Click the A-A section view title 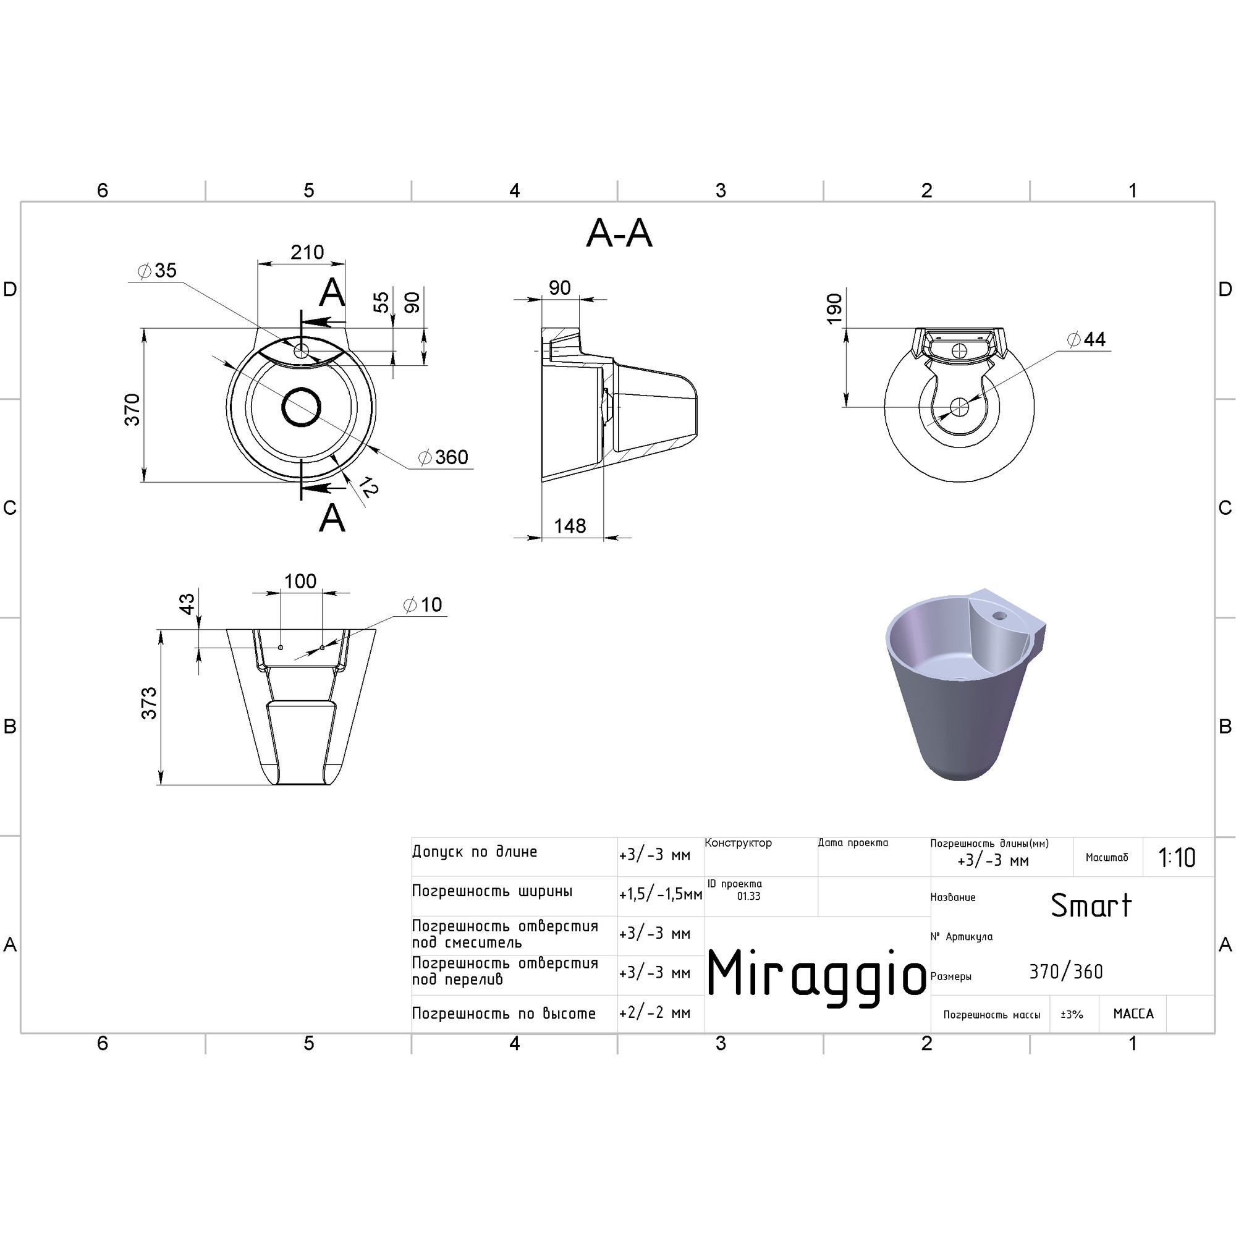[619, 234]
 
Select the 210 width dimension [307, 252]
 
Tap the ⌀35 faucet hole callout [157, 271]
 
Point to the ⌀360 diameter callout [442, 457]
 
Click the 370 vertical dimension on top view [132, 410]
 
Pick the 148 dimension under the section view [569, 526]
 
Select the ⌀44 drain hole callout [1086, 339]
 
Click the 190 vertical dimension [834, 309]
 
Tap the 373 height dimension [148, 703]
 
